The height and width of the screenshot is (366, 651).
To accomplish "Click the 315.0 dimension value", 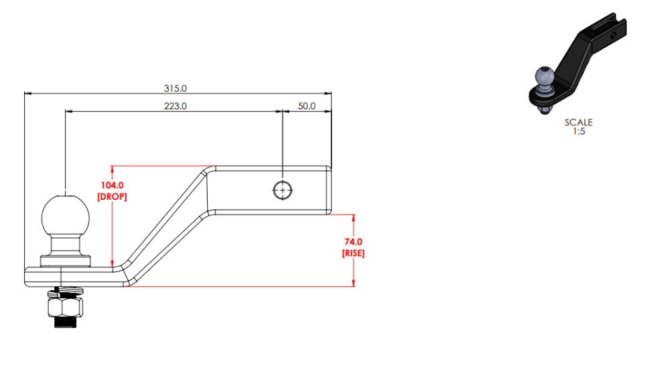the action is click(175, 88).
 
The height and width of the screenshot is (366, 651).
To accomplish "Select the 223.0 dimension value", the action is click(175, 107).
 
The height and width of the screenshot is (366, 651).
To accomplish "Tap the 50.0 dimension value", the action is click(307, 107).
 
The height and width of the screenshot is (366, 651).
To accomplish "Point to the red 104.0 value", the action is click(112, 185).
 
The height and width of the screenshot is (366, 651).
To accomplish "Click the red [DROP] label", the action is click(112, 196).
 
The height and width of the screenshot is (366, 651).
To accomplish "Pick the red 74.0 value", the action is click(354, 242).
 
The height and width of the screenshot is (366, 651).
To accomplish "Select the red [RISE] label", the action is click(354, 253).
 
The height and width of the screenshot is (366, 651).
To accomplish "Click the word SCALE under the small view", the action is click(579, 123).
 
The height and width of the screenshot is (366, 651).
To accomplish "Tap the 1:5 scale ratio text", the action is click(579, 131).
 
